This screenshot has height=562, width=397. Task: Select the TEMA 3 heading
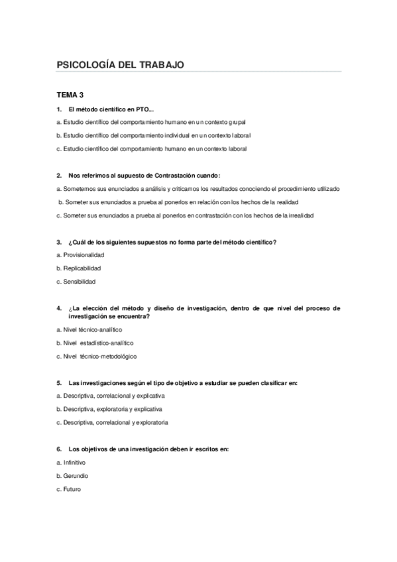click(70, 95)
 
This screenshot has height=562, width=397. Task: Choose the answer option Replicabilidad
click(82, 268)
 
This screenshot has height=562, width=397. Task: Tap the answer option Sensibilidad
click(80, 282)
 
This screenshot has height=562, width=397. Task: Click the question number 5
click(59, 382)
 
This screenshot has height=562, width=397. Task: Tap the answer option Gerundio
click(76, 476)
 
